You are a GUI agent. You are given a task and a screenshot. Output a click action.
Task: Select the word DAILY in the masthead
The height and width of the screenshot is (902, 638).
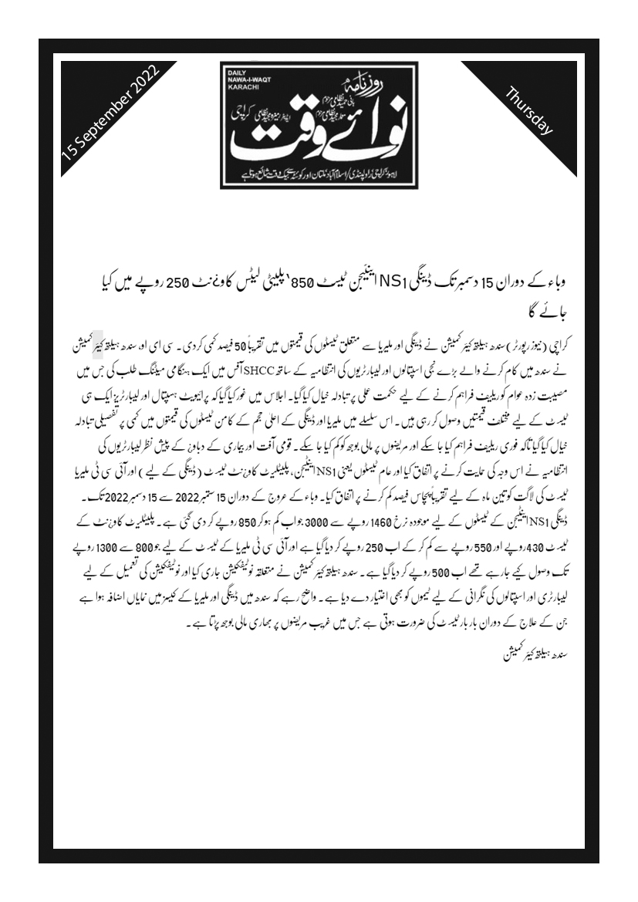coord(235,72)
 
